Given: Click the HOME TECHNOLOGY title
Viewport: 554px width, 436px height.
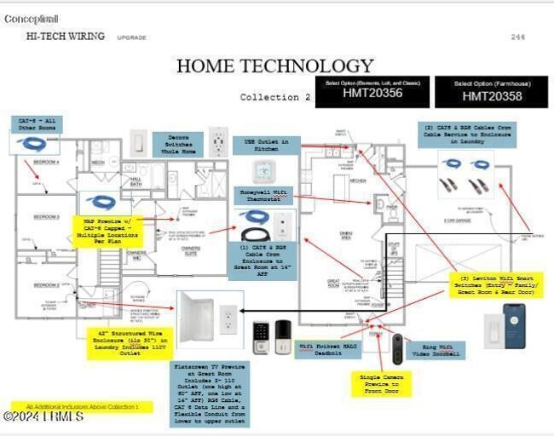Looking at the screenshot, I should click(x=274, y=66).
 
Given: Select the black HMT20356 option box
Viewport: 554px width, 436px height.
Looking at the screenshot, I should click(x=372, y=92).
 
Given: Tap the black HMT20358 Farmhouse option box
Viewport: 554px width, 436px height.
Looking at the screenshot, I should click(x=491, y=92).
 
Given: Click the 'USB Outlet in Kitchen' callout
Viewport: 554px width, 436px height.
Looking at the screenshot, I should click(x=266, y=145).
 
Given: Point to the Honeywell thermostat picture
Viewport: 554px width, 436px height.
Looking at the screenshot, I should click(x=261, y=169).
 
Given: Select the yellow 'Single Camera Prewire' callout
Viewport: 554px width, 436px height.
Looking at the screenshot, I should click(x=380, y=383).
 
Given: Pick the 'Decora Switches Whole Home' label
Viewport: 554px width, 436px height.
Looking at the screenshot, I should click(x=177, y=144).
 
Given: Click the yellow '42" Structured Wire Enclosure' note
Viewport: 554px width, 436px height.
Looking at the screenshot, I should click(x=129, y=342).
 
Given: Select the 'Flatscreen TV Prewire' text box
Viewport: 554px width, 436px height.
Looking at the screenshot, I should click(x=209, y=393).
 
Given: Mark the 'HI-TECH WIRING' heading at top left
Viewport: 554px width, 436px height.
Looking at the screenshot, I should click(x=66, y=37).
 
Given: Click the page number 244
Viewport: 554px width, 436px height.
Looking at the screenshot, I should click(x=517, y=37).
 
